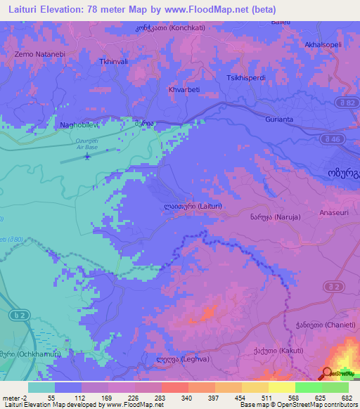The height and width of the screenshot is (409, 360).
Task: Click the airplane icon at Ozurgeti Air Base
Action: point(87,156)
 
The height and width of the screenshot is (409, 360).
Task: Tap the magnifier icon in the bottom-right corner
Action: point(327,373)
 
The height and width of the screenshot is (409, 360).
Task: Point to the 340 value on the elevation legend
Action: point(186,396)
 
